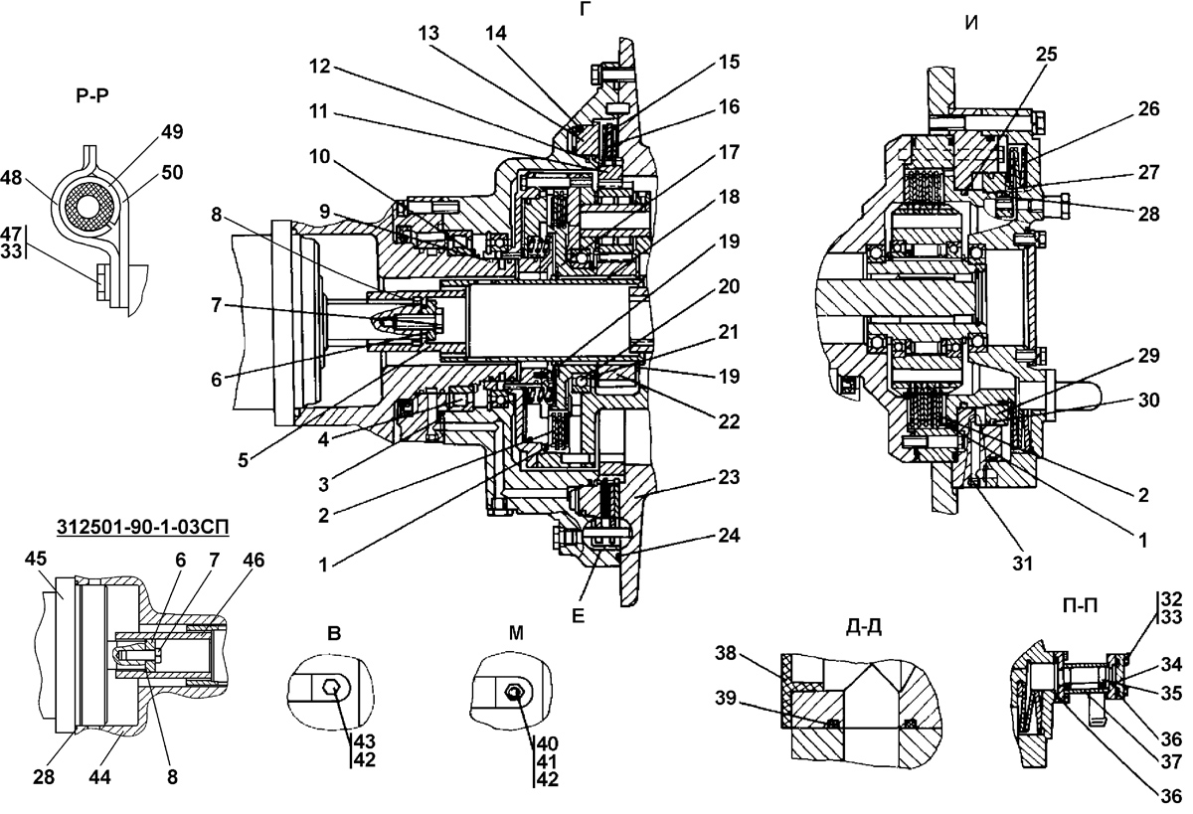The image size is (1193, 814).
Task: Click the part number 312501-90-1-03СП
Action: click(143, 527)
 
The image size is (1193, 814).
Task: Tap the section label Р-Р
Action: click(92, 96)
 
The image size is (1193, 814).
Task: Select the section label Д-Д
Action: click(863, 627)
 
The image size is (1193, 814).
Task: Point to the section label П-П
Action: click(1080, 606)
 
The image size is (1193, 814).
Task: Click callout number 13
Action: click(428, 33)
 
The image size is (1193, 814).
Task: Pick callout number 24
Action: click(729, 535)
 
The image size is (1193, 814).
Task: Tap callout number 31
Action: click(1022, 564)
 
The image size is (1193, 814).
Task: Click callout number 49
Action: click(171, 131)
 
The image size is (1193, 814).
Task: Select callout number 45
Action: click(36, 559)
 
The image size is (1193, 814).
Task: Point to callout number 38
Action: click(726, 652)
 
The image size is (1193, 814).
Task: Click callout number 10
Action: click(319, 156)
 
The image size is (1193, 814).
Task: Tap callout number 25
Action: click(1047, 55)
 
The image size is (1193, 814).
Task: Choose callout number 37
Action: click(1171, 762)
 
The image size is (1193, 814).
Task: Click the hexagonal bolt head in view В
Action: click(332, 689)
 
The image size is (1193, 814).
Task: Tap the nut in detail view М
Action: click(515, 692)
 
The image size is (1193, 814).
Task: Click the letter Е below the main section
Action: click(578, 616)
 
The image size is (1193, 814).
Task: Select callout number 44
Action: click(99, 778)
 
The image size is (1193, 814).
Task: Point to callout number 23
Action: click(729, 477)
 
